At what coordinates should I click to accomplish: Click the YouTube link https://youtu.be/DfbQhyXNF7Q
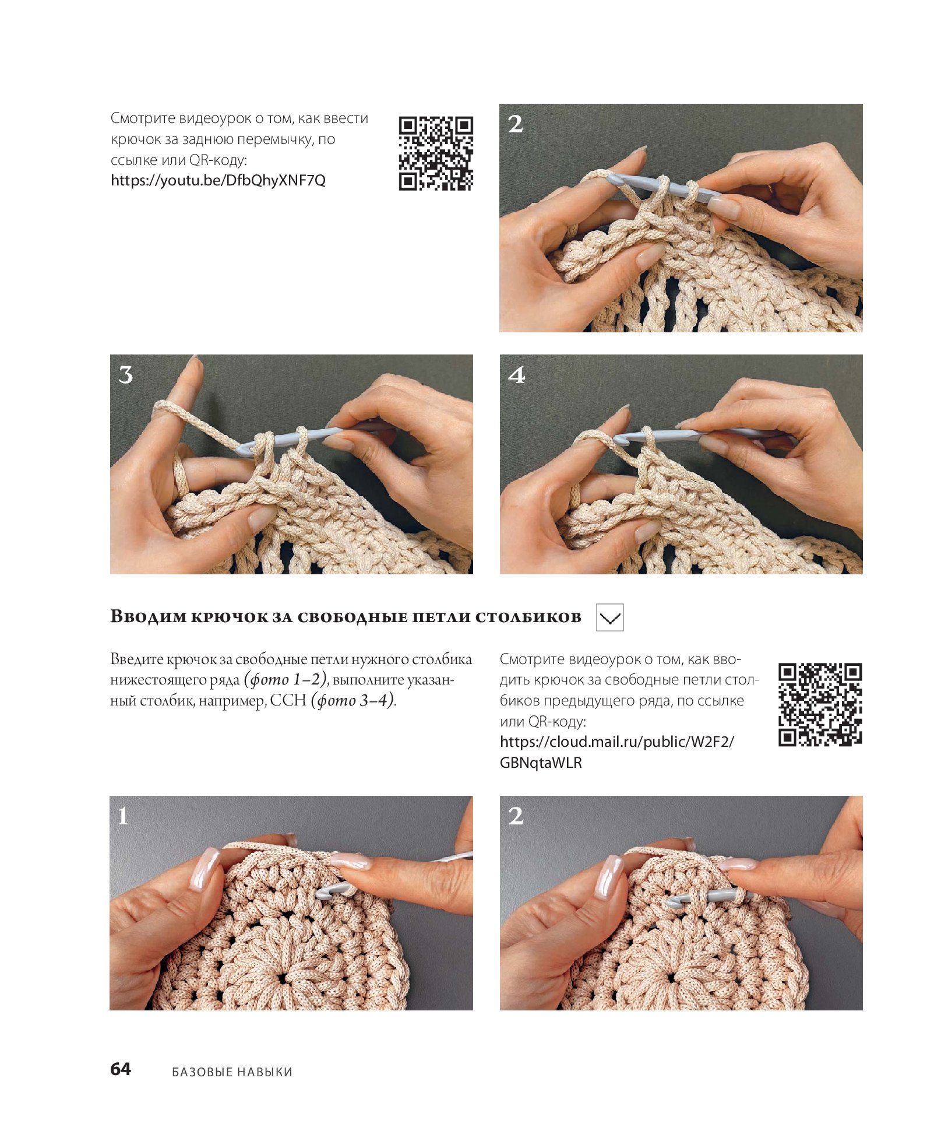218,181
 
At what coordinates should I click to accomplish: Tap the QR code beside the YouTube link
436,153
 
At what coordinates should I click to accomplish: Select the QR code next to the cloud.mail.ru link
820,704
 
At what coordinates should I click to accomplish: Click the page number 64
121,1069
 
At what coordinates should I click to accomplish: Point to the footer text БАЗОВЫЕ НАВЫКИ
232,1072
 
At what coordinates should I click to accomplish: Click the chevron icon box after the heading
610,617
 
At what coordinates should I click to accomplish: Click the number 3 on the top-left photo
126,375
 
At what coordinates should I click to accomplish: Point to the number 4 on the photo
516,375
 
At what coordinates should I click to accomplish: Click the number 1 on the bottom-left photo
123,816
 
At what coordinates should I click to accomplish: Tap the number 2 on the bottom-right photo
516,816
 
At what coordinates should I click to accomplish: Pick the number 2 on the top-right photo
516,124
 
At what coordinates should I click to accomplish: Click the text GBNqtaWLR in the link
541,763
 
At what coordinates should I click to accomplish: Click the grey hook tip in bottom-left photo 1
322,893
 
